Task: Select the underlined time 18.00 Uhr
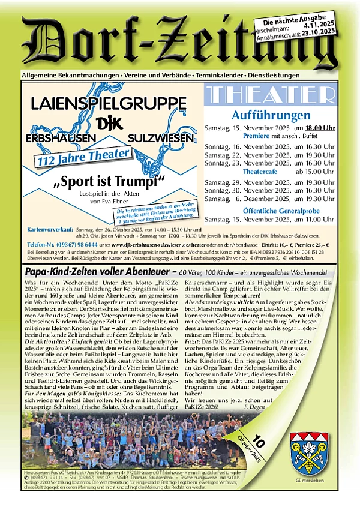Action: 319,128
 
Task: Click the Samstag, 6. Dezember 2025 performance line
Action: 277,199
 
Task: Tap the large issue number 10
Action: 259,442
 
